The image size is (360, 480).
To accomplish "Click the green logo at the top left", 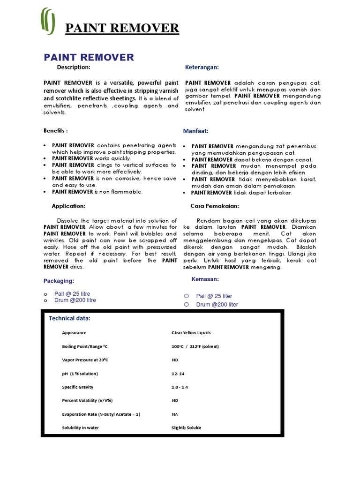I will tap(48, 21).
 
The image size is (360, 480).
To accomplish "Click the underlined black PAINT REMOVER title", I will tap(122, 29).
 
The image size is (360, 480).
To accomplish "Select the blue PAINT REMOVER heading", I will tap(89, 58).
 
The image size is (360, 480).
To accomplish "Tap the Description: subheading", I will tap(74, 67).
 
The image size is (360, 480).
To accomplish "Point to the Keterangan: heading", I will tap(202, 67).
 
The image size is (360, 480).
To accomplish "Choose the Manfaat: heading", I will tap(195, 131).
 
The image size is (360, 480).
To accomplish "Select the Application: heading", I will tap(68, 206).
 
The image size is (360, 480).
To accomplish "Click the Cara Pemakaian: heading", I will tap(215, 206).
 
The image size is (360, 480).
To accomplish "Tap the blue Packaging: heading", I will tap(59, 281).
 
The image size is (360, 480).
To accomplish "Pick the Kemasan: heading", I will tap(205, 279).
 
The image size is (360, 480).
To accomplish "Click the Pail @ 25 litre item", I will tap(72, 293).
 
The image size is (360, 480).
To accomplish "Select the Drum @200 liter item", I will tap(217, 305).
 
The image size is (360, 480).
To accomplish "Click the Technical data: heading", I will tap(70, 319).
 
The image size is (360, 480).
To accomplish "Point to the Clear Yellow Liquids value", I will tap(191, 333).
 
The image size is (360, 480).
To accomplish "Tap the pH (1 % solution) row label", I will tap(80, 374).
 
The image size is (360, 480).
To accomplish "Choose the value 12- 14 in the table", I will tap(179, 374).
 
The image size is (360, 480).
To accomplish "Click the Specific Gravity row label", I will tap(78, 387).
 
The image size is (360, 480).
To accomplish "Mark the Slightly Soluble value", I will tap(187, 428).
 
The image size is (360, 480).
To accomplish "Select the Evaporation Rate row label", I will tap(101, 414).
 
